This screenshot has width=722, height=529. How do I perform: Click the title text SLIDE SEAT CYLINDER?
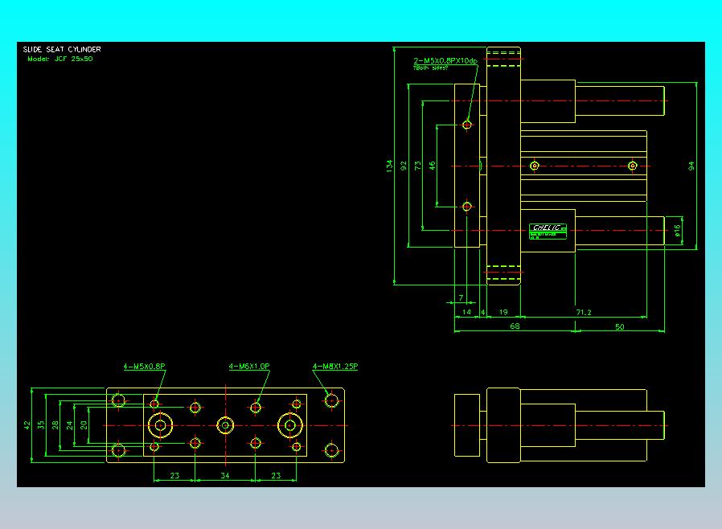tap(61, 49)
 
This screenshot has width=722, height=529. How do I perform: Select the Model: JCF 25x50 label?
tap(59, 59)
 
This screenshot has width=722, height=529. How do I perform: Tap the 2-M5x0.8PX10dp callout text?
tap(445, 61)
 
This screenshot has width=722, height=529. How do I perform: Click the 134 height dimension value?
tap(390, 166)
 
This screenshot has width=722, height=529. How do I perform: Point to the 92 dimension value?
tap(404, 166)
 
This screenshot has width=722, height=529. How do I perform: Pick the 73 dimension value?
tap(418, 166)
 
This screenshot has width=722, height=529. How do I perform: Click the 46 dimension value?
tap(433, 166)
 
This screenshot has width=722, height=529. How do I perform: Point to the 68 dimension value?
tap(515, 326)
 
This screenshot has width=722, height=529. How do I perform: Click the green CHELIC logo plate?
tap(548, 228)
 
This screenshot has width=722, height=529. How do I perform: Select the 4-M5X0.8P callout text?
tap(144, 367)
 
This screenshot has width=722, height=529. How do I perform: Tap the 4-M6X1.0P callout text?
tap(249, 367)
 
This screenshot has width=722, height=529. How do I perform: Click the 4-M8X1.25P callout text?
tap(335, 367)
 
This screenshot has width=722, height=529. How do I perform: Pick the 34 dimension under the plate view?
tap(225, 476)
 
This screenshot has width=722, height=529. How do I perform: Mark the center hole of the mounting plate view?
tap(225, 424)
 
